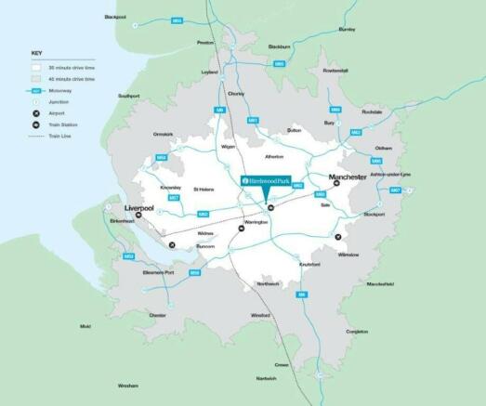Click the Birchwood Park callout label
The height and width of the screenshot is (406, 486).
(268, 179)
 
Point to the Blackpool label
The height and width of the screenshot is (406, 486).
(115, 17)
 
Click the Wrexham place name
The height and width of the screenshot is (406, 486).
(127, 385)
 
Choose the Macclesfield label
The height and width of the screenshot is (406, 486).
(380, 283)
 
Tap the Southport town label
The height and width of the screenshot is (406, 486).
(128, 96)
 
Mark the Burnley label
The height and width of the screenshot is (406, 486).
(347, 29)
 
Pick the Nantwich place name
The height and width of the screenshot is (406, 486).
(267, 379)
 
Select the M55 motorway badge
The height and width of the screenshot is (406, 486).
(177, 20)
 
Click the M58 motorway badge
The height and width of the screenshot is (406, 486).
(161, 157)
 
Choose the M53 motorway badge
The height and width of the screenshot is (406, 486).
(129, 255)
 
